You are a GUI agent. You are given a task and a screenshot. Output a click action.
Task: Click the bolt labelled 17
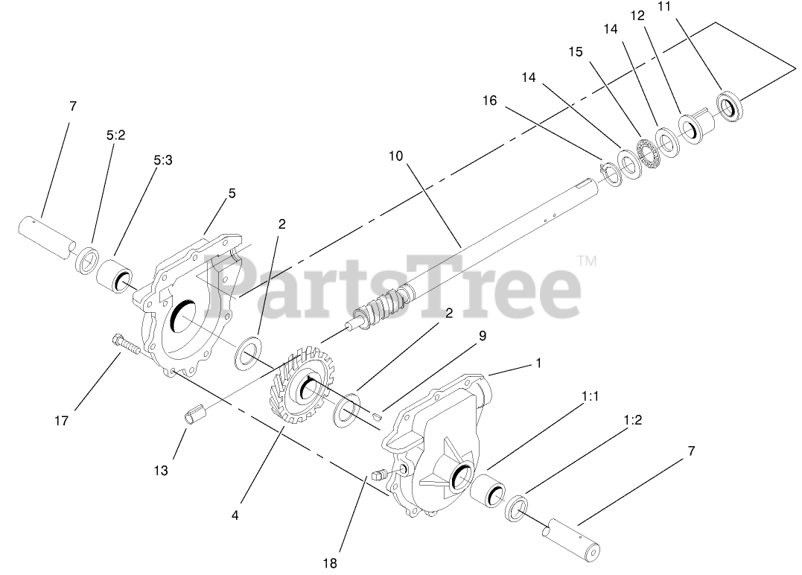pos(127,346)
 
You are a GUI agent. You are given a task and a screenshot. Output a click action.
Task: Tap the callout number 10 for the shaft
pos(395,156)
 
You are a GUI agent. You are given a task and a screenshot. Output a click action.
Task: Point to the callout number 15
pos(576,52)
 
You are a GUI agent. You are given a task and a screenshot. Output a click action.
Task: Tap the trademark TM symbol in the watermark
pos(587,261)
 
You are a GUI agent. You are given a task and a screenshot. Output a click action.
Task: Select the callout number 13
pos(161,471)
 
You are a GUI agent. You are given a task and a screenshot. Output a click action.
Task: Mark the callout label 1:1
pos(589,398)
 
